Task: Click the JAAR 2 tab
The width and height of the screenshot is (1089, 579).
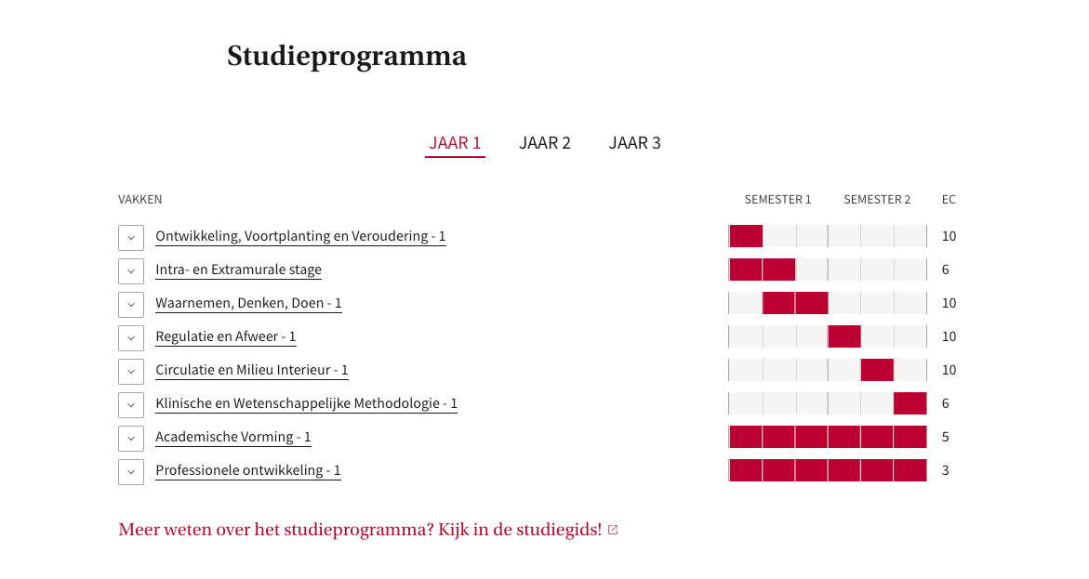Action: coord(545,143)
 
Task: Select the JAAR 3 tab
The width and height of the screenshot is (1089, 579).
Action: coord(635,143)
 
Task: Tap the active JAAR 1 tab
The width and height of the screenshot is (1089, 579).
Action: coord(455,143)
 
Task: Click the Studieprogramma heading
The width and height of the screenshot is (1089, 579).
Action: coord(347,57)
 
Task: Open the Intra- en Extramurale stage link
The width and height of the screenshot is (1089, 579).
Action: coord(238,270)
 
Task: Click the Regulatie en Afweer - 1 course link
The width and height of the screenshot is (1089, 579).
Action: coord(226,336)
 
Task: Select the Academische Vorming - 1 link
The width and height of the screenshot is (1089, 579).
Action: coord(233,437)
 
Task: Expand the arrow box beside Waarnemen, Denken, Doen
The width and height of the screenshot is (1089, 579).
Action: coord(131,304)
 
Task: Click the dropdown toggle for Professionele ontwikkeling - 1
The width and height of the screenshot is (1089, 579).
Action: coord(131,471)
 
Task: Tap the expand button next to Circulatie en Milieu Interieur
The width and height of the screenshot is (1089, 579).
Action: coord(131,372)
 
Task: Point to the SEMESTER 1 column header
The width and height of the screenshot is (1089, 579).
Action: coord(777,200)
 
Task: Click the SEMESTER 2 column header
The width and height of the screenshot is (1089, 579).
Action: coord(877,200)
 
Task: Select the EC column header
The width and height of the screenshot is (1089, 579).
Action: coord(949,200)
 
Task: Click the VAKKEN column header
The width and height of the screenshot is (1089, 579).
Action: coord(140,200)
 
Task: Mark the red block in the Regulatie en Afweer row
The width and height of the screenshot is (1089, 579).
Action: coord(844,336)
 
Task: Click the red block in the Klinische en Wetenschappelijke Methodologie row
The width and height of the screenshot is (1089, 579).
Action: coord(910,403)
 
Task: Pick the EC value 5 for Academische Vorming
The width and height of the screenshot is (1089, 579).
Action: coord(945,438)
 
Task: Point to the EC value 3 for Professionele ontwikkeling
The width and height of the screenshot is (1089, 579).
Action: coord(945,470)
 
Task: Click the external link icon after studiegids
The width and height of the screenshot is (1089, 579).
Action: coord(613,530)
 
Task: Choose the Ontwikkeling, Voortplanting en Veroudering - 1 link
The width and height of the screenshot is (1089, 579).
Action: coord(300,236)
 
